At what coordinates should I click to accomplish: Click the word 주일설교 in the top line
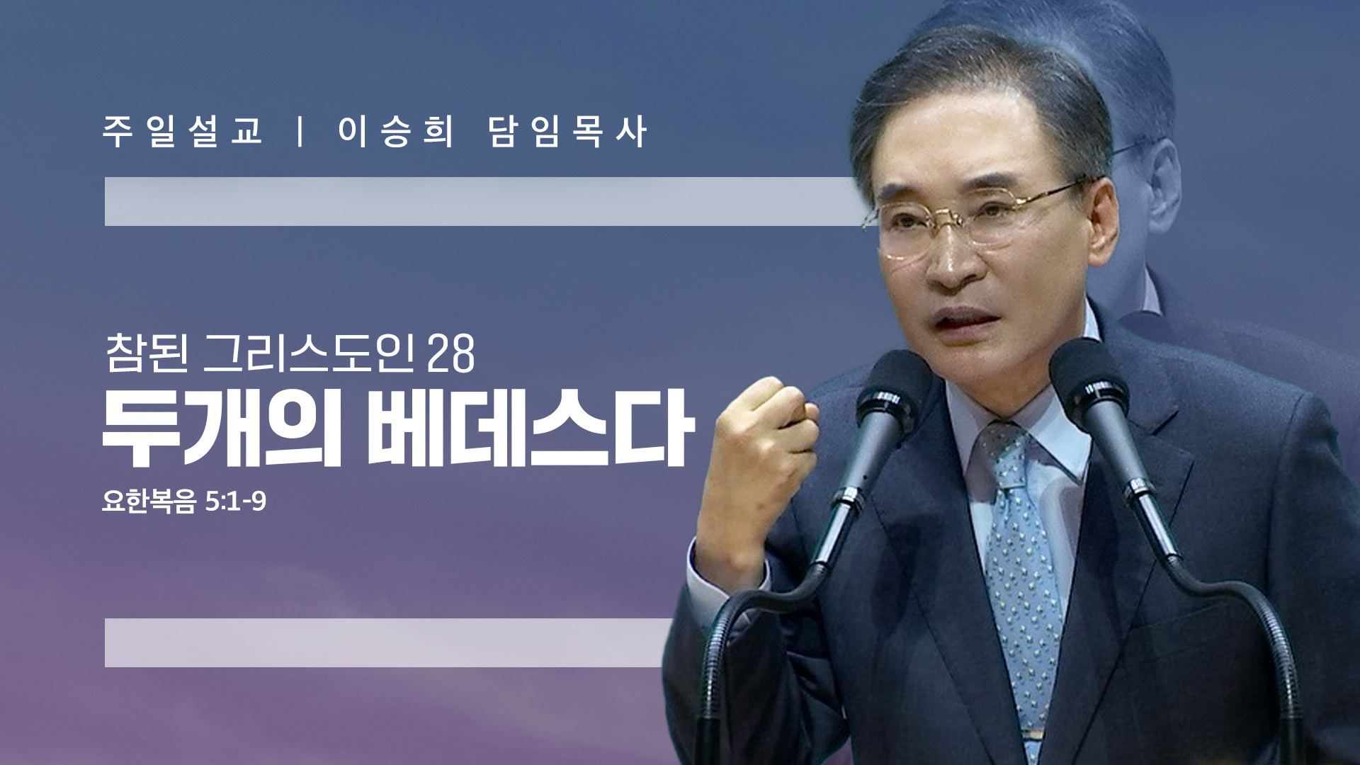coord(183,132)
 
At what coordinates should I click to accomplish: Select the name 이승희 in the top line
coord(395,132)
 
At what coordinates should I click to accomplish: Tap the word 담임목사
coord(567,132)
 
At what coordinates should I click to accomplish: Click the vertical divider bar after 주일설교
coord(301,132)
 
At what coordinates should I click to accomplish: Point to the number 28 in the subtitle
coord(451,353)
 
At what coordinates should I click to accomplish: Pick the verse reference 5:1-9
coord(235,501)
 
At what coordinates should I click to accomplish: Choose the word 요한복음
coord(149,501)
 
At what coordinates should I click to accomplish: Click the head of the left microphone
coord(890,397)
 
